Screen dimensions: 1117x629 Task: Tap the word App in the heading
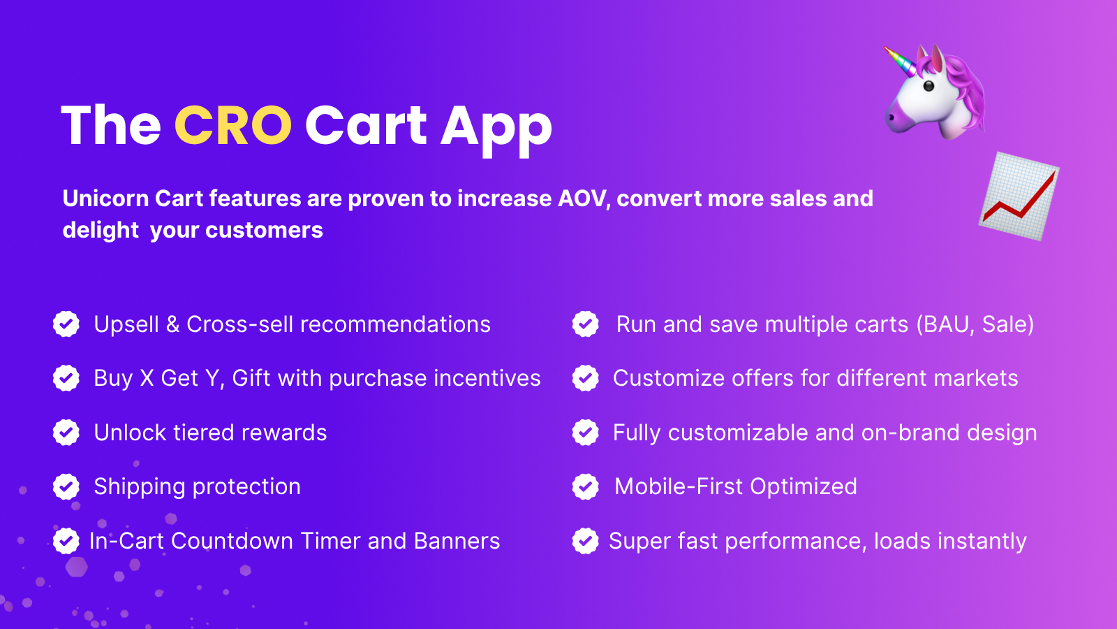pyautogui.click(x=496, y=131)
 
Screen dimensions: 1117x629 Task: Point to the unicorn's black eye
pyautogui.click(x=929, y=86)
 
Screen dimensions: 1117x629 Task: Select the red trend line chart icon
pyautogui.click(x=1019, y=196)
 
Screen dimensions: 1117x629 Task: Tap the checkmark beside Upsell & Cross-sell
pyautogui.click(x=66, y=324)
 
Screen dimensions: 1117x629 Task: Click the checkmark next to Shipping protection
pyautogui.click(x=66, y=486)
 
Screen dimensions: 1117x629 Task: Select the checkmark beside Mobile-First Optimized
pyautogui.click(x=586, y=486)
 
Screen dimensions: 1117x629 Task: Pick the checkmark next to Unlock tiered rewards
pyautogui.click(x=66, y=433)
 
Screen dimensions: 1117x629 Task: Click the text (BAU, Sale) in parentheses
pyautogui.click(x=975, y=325)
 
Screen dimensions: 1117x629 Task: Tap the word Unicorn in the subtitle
pyautogui.click(x=105, y=198)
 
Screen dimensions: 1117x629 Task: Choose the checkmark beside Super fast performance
pyautogui.click(x=586, y=541)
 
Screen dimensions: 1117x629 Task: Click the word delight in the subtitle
pyautogui.click(x=101, y=231)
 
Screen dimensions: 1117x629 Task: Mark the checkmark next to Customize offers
pyautogui.click(x=586, y=378)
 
